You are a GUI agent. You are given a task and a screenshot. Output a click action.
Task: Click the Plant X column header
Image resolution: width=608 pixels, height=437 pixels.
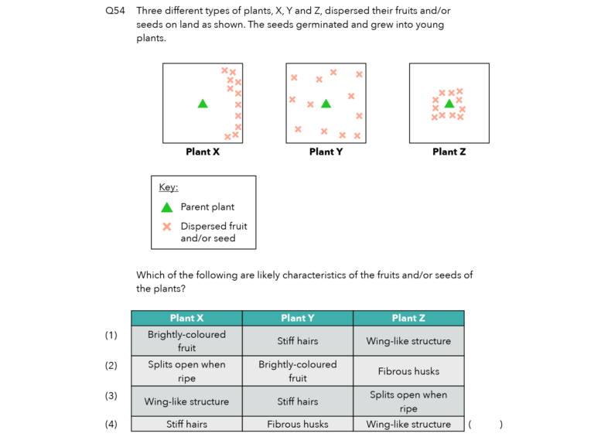click(x=186, y=318)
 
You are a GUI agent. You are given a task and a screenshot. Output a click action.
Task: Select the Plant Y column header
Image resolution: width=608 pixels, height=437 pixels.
click(x=298, y=318)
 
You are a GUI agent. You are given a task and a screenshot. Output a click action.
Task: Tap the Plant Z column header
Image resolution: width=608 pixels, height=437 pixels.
click(x=408, y=318)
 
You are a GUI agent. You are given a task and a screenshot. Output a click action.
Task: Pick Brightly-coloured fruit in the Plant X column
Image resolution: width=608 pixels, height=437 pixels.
click(x=186, y=341)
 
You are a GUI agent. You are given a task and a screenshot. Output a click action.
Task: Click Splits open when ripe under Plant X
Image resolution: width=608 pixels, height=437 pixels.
click(x=186, y=371)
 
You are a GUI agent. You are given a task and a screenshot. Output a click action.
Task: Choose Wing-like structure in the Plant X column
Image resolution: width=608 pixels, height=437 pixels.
click(x=186, y=401)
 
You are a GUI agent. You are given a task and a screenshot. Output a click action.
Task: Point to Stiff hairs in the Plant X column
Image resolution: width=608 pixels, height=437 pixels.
click(x=186, y=424)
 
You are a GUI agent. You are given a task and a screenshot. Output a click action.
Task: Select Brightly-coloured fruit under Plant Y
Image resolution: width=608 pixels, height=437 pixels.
click(x=298, y=371)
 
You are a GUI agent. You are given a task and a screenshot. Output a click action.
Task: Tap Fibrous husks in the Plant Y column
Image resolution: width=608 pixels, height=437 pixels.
click(x=298, y=424)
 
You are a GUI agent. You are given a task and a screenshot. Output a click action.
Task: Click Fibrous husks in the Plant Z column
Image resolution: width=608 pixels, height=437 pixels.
click(x=408, y=371)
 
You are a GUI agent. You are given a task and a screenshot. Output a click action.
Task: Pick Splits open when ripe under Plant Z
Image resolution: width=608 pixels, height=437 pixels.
click(x=408, y=401)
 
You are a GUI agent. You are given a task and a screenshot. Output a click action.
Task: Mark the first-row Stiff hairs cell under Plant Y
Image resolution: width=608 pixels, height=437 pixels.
click(x=298, y=341)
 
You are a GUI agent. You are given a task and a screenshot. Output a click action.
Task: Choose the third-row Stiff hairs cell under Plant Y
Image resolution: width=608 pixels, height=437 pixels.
click(x=298, y=401)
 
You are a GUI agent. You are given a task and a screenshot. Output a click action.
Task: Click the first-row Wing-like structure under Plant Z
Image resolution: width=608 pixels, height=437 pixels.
click(x=408, y=341)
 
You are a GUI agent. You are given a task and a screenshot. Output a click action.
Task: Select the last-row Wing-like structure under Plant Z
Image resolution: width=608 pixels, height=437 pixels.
click(x=408, y=424)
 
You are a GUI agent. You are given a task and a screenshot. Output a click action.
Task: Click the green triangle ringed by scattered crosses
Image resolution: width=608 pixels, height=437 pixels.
click(x=326, y=104)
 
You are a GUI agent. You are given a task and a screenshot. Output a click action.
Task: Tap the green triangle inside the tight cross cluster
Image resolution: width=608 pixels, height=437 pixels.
click(x=449, y=104)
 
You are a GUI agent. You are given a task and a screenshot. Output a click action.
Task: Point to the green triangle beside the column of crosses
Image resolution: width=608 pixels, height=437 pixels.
click(x=203, y=104)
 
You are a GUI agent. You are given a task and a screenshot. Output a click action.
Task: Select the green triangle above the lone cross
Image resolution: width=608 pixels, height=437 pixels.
click(x=166, y=207)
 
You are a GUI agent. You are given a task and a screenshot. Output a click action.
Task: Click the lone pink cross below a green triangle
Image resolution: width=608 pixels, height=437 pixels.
click(x=166, y=227)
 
